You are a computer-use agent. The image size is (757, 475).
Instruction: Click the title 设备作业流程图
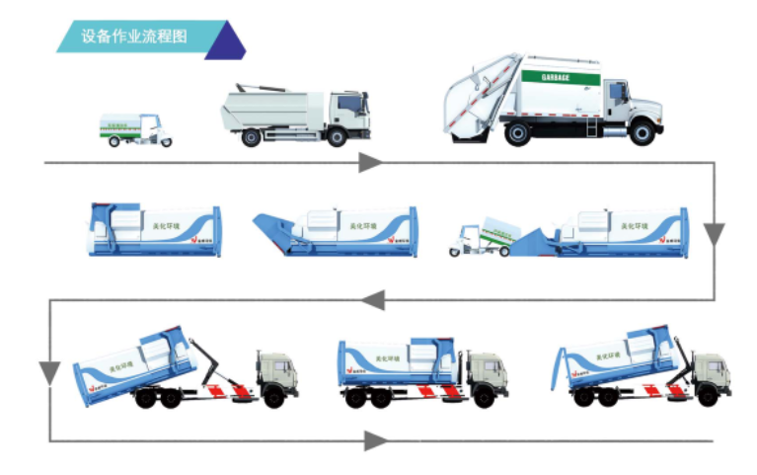(x=134, y=37)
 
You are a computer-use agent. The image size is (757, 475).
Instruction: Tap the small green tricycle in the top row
(x=135, y=130)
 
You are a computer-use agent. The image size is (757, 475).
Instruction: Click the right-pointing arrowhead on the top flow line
(x=370, y=162)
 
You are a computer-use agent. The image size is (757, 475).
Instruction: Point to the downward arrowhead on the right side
(x=715, y=234)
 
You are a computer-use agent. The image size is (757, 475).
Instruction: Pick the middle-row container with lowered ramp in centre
(x=336, y=231)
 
